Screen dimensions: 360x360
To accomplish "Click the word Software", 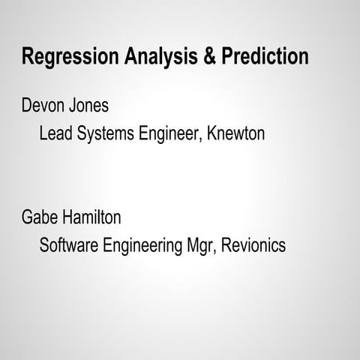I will point(68,246).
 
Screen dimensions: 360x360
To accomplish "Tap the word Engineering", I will point(142,246).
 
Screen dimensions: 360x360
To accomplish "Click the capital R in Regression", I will point(28,57).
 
